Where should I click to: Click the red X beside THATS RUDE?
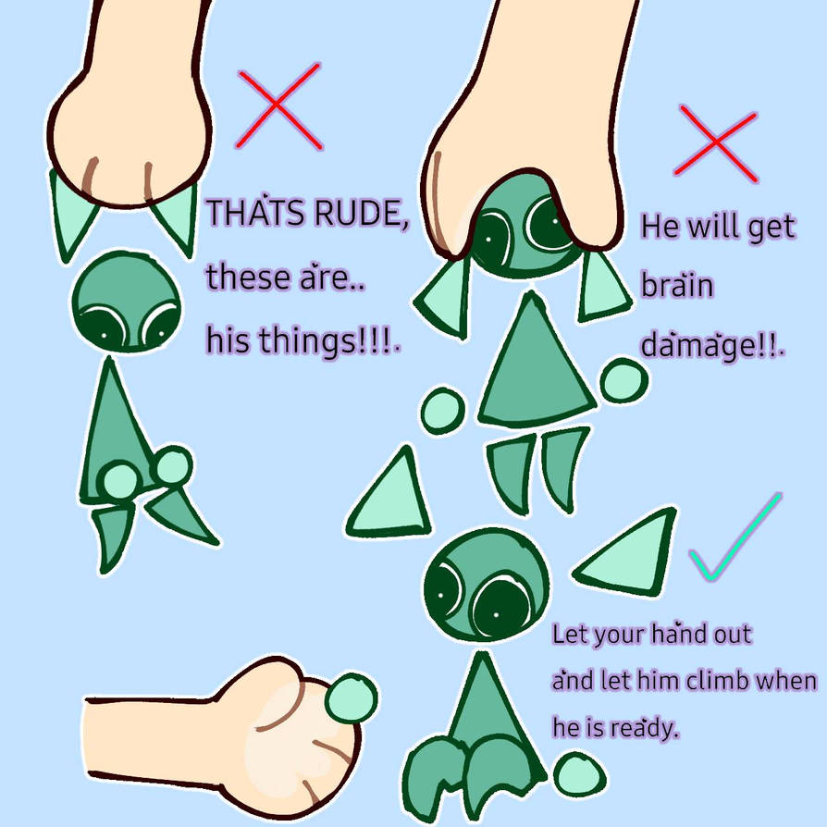[278, 105]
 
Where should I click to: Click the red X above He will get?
[716, 143]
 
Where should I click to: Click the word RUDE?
[361, 213]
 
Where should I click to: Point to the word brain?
[677, 284]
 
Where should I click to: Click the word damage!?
[712, 345]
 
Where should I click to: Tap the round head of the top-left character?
[127, 302]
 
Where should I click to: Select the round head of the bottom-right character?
[487, 584]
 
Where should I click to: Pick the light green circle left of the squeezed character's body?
[443, 411]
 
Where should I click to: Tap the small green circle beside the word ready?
[579, 774]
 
